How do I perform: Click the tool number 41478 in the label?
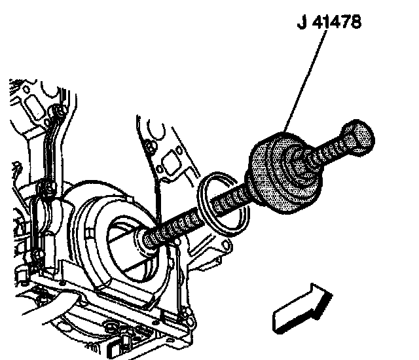coord(337,22)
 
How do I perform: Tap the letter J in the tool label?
coord(302,22)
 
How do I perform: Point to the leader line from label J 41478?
coord(305,81)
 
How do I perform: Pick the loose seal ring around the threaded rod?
coord(224,204)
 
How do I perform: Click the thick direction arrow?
coord(302,309)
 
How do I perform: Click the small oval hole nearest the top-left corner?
coord(26,89)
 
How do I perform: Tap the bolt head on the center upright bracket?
coord(151,147)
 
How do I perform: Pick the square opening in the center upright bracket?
coord(172,161)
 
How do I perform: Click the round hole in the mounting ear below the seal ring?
coord(226,245)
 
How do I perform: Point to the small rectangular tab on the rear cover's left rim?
coord(90,232)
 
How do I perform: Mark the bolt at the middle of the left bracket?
coord(48,187)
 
